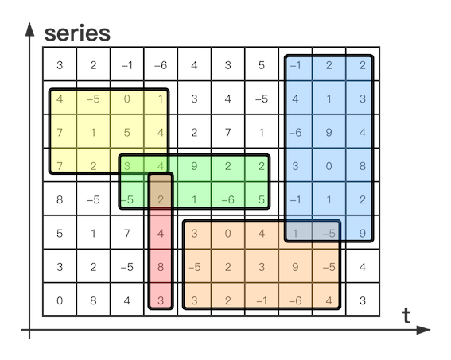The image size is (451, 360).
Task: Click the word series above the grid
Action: coord(77,33)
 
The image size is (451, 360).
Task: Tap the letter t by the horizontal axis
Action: coord(406,315)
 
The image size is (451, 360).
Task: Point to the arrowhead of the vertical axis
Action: coord(29,29)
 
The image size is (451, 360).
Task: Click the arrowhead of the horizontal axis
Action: coord(423,330)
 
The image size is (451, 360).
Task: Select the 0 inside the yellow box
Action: coord(126,99)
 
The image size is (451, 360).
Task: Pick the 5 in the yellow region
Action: coord(126,133)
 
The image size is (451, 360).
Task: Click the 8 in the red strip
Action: coord(161,267)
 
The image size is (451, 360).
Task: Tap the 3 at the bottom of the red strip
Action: coord(161,300)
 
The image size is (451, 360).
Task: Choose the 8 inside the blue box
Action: coord(363,166)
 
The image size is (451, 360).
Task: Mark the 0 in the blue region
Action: coord(329,166)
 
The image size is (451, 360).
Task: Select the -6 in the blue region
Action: coord(295,133)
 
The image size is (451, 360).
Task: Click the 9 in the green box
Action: coord(194,166)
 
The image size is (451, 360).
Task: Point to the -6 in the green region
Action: coord(228,199)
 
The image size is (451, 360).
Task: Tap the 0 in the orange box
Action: coord(227,234)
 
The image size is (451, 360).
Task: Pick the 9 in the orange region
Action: coord(295,267)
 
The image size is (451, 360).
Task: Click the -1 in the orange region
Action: coord(262,300)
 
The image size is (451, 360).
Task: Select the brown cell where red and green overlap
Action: coord(161,190)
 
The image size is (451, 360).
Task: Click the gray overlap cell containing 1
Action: coord(295,231)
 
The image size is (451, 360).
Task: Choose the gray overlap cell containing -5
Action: coord(326,231)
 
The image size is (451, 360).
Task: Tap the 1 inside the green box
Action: coord(194,199)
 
